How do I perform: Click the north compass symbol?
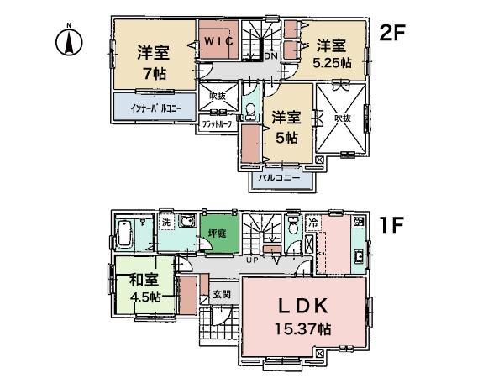(x=71, y=39)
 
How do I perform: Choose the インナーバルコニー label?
(x=155, y=108)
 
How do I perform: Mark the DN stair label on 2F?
(x=271, y=56)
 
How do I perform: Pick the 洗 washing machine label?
(x=165, y=223)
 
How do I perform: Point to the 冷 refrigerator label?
(x=312, y=224)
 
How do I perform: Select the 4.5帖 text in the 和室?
(x=144, y=297)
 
